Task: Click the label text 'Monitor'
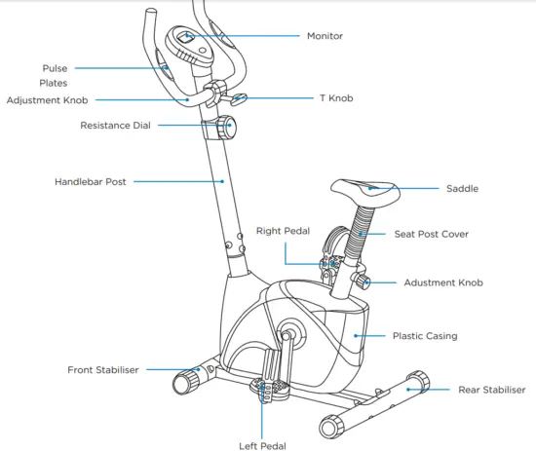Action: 325,36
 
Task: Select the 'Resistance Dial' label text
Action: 115,126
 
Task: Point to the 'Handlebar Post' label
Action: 90,182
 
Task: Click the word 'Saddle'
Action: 462,189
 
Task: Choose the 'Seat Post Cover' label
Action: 431,235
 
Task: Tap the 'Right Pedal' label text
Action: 284,232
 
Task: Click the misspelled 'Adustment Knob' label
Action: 442,283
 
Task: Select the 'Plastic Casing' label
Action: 424,336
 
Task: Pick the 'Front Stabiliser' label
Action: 103,370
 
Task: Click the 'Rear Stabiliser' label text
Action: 491,390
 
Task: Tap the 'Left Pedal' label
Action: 262,445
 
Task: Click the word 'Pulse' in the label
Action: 55,68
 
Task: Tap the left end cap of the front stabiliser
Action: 181,383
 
